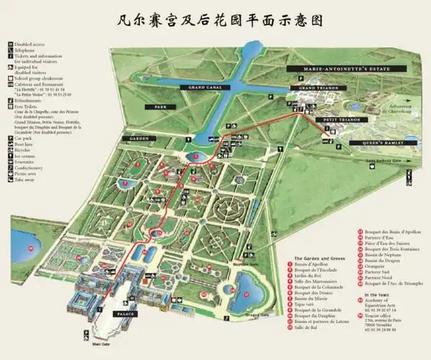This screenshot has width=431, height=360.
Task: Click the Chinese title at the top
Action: (x=215, y=18)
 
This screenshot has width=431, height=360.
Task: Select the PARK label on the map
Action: (x=155, y=107)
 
